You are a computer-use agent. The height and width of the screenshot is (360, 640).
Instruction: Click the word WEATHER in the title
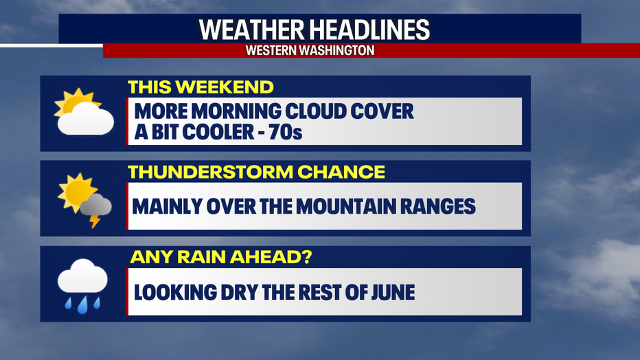tap(251, 30)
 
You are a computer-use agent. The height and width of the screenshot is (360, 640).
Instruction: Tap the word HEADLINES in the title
tap(369, 30)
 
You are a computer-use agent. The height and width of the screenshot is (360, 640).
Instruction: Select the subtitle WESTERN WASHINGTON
tap(310, 50)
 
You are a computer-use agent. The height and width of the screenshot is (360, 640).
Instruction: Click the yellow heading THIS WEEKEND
tap(201, 87)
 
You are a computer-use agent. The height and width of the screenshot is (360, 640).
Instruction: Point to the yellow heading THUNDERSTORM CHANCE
tap(256, 172)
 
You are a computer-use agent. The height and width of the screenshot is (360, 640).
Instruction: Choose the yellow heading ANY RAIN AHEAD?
tap(221, 257)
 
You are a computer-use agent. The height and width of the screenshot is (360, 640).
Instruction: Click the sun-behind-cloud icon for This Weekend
tap(84, 111)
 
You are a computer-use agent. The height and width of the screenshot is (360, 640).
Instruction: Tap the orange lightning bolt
tap(95, 221)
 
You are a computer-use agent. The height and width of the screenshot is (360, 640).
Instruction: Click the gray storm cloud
tap(96, 205)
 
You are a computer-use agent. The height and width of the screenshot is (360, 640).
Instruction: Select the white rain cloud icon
tap(82, 286)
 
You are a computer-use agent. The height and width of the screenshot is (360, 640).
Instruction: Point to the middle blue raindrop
tap(83, 305)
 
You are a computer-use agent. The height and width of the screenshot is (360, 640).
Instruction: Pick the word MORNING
tap(236, 111)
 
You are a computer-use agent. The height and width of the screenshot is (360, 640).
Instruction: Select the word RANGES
tap(438, 206)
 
